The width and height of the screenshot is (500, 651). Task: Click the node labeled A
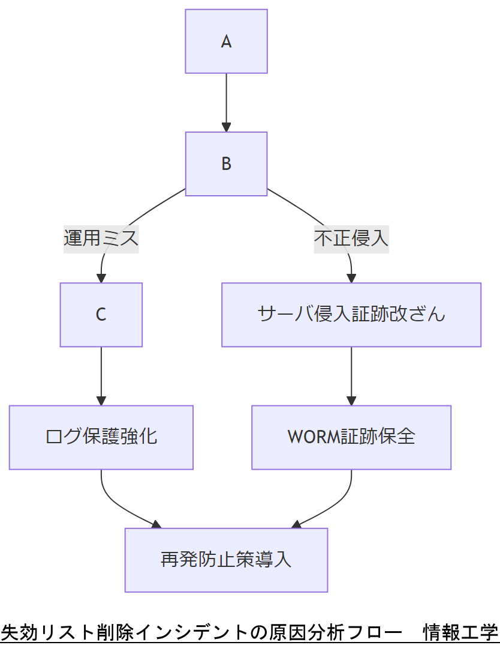pyautogui.click(x=226, y=41)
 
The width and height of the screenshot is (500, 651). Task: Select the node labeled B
pyautogui.click(x=226, y=164)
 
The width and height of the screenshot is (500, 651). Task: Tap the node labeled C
pyautogui.click(x=101, y=315)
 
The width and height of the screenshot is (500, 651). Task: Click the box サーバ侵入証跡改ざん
pyautogui.click(x=351, y=315)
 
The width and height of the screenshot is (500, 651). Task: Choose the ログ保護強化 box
pyautogui.click(x=101, y=437)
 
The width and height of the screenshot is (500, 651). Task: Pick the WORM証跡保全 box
pyautogui.click(x=351, y=437)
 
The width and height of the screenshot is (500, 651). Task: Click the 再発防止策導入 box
pyautogui.click(x=226, y=560)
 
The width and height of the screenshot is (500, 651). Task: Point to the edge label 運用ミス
pyautogui.click(x=101, y=238)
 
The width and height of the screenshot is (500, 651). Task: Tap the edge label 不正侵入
pyautogui.click(x=351, y=238)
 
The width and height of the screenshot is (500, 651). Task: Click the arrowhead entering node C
pyautogui.click(x=101, y=278)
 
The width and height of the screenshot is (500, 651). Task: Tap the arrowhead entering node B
pyautogui.click(x=226, y=127)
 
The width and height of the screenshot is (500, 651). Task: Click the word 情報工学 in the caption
pyautogui.click(x=460, y=632)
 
